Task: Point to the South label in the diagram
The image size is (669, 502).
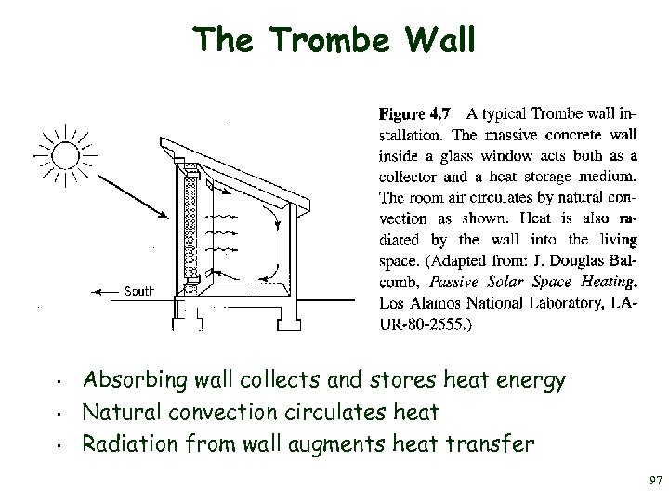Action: (x=138, y=291)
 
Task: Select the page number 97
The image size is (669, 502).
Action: (x=655, y=480)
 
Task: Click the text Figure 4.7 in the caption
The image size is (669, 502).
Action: (x=414, y=114)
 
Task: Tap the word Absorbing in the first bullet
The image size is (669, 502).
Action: (x=130, y=380)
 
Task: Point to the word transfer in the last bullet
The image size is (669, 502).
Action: (x=488, y=443)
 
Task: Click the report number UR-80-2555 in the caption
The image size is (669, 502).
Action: (x=423, y=325)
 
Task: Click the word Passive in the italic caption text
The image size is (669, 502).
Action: (x=455, y=283)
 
